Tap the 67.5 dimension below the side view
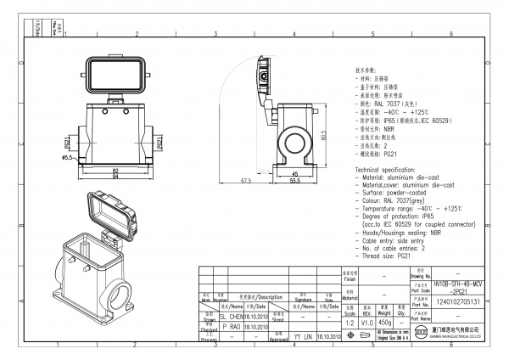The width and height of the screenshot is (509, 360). (245, 181)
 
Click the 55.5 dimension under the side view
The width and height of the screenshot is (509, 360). (295, 181)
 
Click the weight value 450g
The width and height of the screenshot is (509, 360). (384, 323)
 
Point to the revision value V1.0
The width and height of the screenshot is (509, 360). (367, 323)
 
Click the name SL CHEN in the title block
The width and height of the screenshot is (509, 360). (231, 315)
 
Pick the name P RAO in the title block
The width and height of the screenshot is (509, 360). (230, 325)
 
